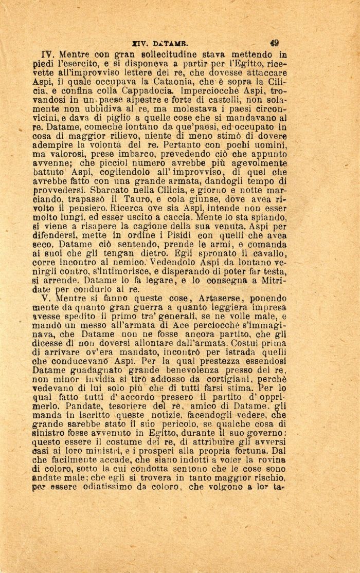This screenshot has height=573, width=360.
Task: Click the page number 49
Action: pyautogui.click(x=274, y=44)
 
